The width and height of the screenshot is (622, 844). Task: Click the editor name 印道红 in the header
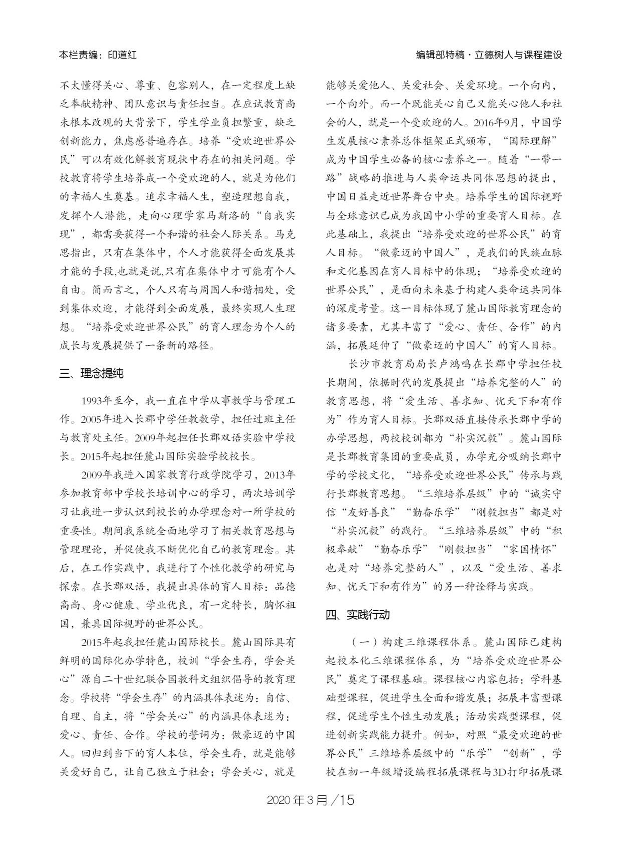tap(122, 55)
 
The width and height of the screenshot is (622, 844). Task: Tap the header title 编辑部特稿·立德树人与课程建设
tap(489, 55)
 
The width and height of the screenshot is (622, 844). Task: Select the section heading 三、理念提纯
tap(91, 374)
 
